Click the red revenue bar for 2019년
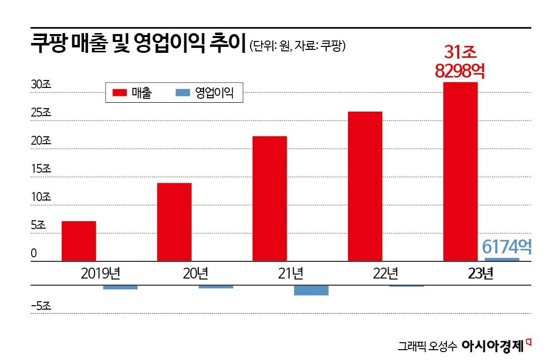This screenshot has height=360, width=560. click(79, 240)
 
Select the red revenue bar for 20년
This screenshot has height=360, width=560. click(174, 222)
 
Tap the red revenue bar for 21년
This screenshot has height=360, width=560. click(269, 198)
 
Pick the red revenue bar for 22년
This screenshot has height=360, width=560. click(365, 186)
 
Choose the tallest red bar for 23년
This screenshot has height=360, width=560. click(460, 171)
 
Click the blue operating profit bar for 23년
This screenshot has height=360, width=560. click(502, 259)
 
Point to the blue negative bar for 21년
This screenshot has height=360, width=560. click(311, 290)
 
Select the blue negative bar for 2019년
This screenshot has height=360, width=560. click(120, 287)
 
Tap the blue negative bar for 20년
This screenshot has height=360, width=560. click(215, 287)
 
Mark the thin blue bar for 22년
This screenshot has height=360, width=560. click(406, 286)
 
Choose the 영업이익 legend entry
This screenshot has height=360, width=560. click(205, 92)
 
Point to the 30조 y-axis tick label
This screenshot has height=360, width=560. click(41, 84)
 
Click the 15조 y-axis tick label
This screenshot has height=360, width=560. click(41, 169)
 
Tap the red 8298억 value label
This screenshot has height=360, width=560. click(460, 71)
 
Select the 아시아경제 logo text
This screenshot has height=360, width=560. click(492, 346)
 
